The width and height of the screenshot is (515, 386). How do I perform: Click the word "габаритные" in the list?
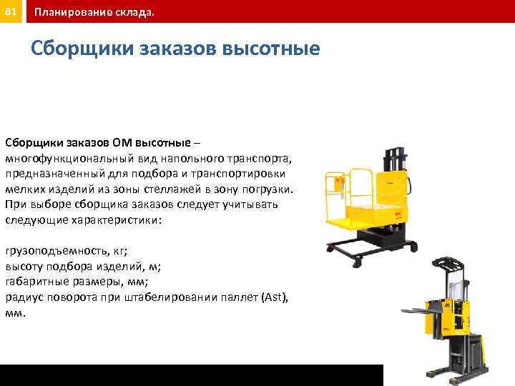[x=36, y=282]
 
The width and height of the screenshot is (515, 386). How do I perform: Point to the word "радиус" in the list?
[x=24, y=297]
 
